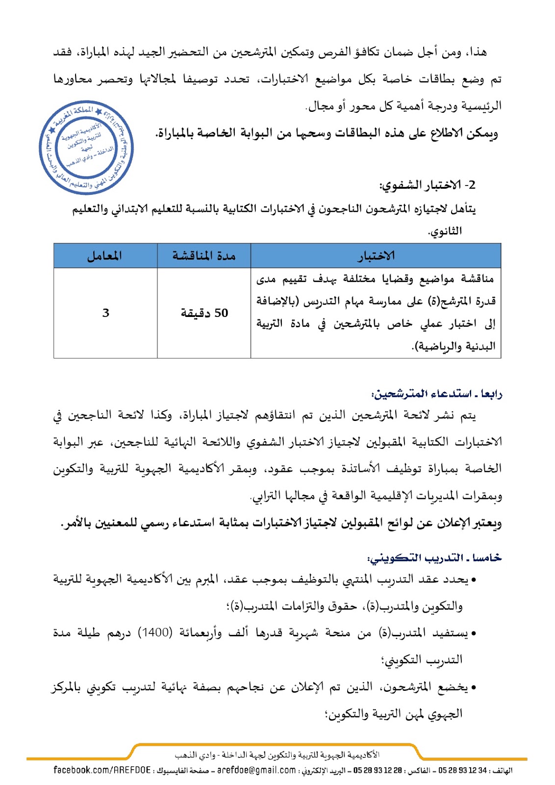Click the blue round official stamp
86,148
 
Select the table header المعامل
104,256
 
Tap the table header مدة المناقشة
203,256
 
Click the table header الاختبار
376,256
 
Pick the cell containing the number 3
105,313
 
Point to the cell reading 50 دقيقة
204,313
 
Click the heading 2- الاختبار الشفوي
428,185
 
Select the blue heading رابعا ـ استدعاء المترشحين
437,394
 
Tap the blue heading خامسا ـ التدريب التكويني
434,558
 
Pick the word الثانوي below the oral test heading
445,231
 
